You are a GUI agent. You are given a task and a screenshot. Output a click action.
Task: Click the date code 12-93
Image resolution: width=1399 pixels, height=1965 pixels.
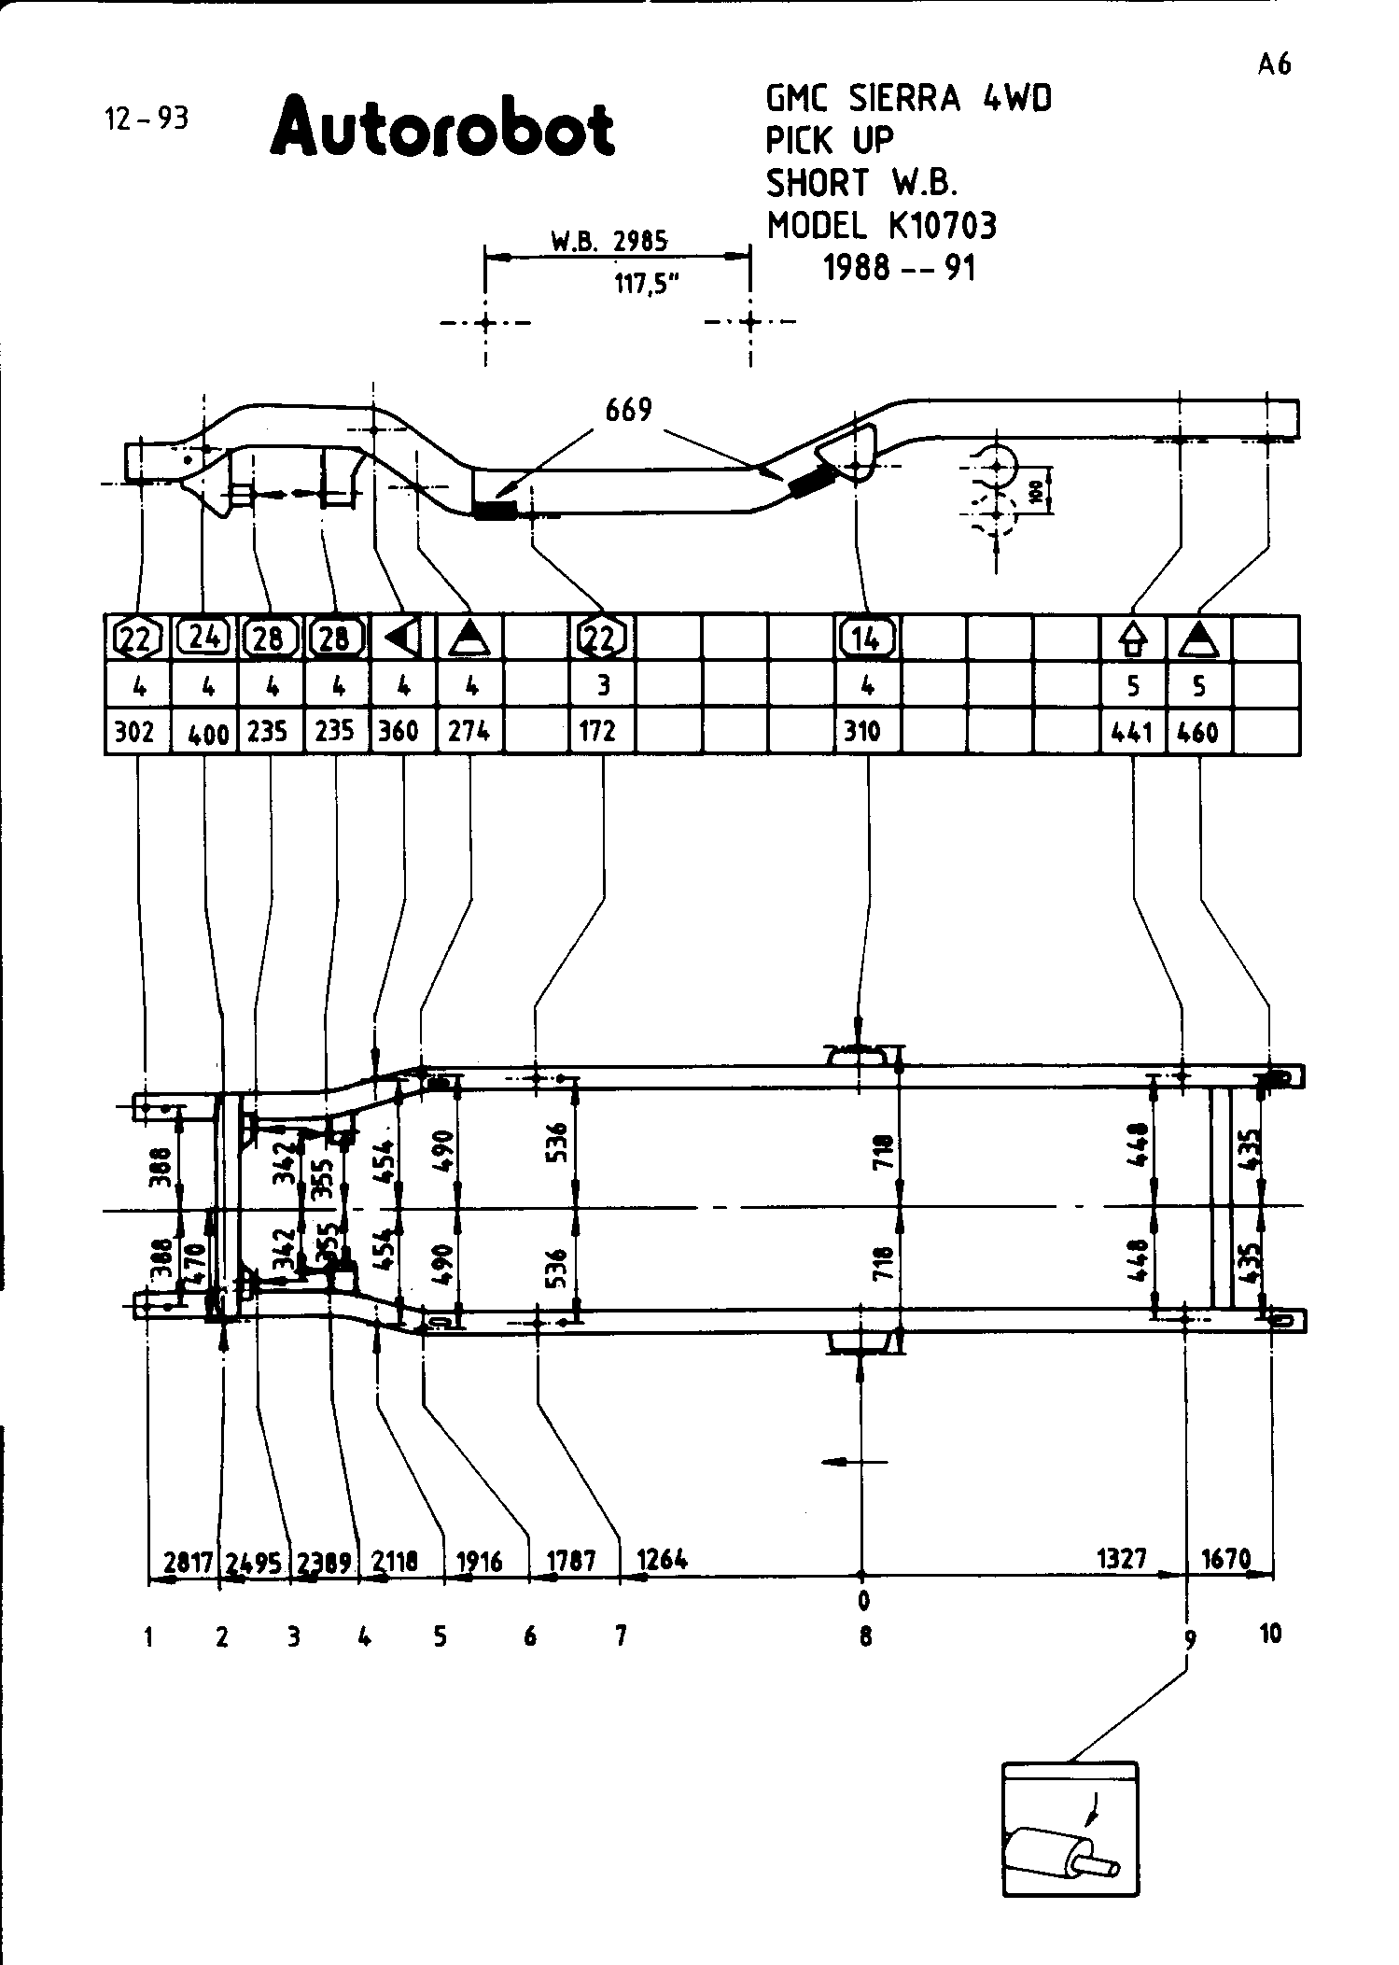[x=147, y=119]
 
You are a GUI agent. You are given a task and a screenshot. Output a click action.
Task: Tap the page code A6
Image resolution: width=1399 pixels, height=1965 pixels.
[x=1274, y=64]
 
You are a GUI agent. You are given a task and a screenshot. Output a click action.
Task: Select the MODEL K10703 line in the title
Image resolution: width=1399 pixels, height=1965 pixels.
[x=882, y=226]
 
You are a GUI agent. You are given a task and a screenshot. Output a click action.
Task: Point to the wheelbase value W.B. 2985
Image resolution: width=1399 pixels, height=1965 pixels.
[x=609, y=242]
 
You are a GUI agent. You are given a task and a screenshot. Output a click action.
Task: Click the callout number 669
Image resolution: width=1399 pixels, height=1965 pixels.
[x=628, y=410]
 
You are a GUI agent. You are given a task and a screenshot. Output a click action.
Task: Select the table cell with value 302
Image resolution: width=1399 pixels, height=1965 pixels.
[x=134, y=732]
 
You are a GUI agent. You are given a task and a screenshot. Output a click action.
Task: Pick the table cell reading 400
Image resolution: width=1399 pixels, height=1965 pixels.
[x=207, y=734]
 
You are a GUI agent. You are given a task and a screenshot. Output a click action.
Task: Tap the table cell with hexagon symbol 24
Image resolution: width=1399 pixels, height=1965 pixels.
[x=204, y=638]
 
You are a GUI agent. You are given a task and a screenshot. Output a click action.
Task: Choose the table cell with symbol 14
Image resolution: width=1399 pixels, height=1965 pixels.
[x=867, y=639]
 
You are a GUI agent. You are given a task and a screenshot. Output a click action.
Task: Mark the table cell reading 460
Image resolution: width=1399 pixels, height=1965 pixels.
[x=1198, y=733]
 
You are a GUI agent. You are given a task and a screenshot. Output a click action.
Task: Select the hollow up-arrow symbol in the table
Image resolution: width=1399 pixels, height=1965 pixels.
[x=1133, y=639]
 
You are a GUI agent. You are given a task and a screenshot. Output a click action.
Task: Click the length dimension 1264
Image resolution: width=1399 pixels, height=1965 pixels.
[x=663, y=1559]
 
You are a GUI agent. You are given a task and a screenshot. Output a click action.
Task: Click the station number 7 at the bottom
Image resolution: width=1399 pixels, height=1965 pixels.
[x=621, y=1635]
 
